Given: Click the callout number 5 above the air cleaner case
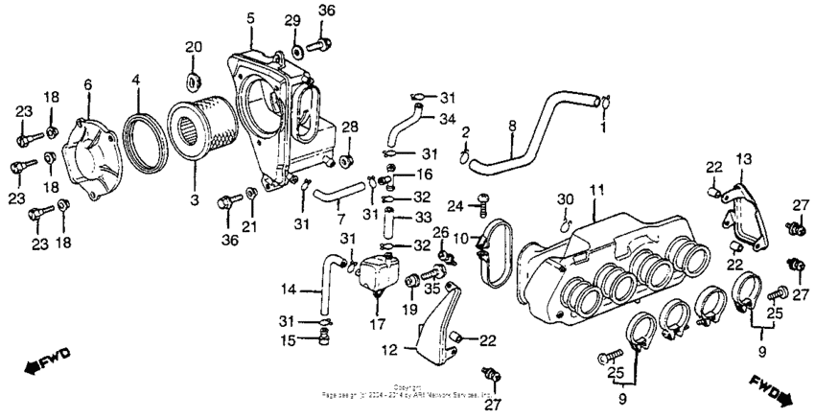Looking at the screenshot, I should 250,18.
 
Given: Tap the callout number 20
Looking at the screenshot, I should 194,47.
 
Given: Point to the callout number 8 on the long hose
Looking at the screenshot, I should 512,125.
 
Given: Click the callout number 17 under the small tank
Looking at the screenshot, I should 375,325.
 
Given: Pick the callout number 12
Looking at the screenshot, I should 389,352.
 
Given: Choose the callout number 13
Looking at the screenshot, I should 743,156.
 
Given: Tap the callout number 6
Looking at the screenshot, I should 87,86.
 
